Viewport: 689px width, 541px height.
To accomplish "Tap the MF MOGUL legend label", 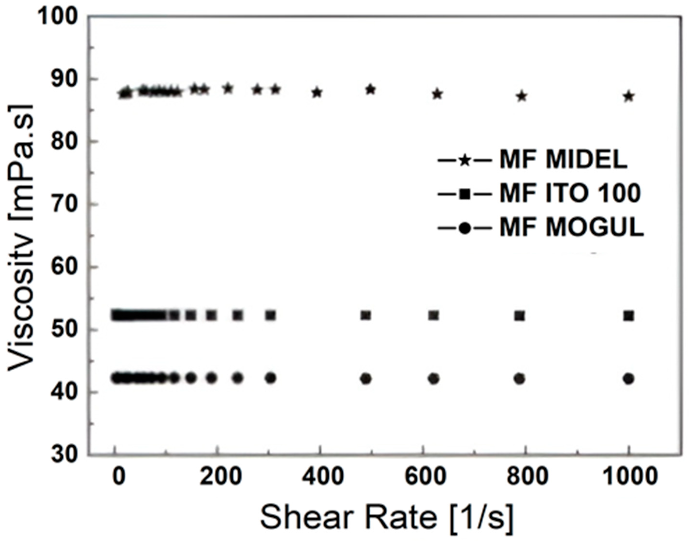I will tap(572, 227).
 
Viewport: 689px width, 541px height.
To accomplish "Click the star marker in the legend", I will tap(465, 160).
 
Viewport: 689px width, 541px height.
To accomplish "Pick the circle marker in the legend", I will tap(465, 228).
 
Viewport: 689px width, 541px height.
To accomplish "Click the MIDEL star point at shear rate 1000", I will tap(629, 96).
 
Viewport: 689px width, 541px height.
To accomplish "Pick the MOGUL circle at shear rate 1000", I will tap(629, 379).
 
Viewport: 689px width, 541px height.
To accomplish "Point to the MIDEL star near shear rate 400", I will tap(317, 93).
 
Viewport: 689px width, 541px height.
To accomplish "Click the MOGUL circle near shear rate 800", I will tap(520, 379).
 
